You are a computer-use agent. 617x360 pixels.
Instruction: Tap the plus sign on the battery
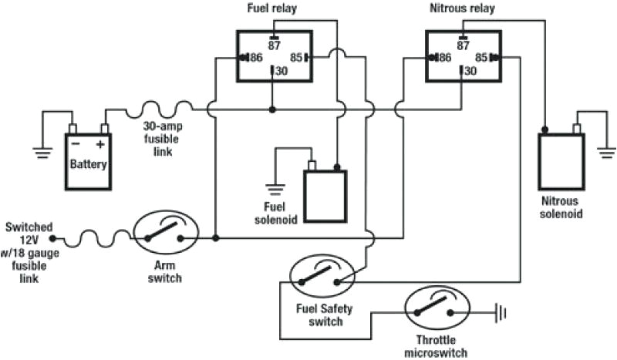click(99, 145)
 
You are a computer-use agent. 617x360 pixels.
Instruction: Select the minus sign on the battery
click(75, 145)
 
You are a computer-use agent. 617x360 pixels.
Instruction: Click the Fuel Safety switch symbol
click(320, 275)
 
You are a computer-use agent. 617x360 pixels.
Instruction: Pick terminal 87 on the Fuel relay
click(274, 44)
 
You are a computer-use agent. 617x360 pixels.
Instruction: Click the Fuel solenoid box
click(325, 194)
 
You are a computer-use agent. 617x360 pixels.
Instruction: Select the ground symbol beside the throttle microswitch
click(502, 313)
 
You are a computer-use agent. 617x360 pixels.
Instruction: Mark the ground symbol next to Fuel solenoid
click(271, 186)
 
